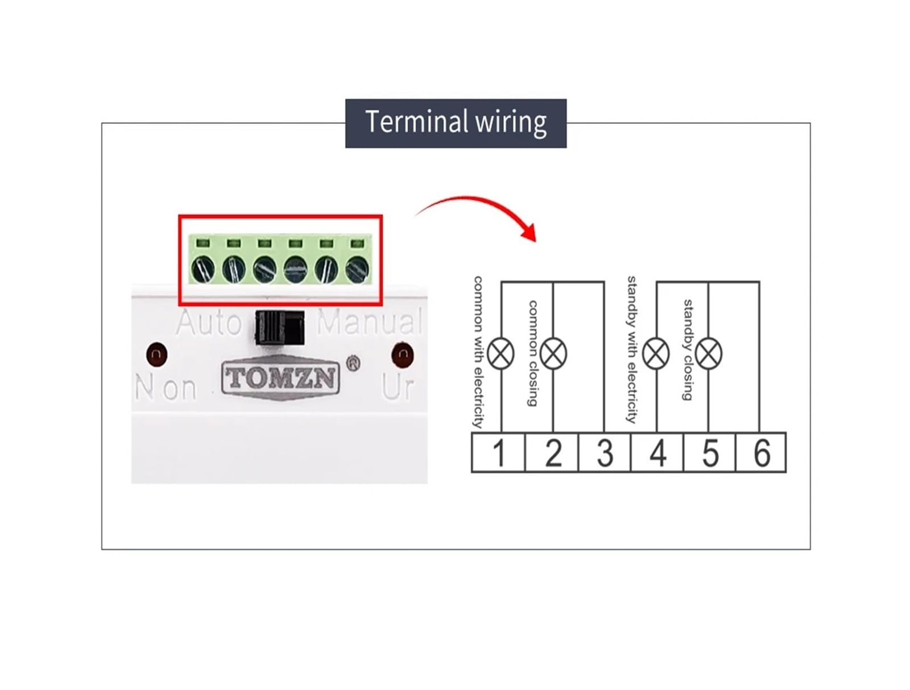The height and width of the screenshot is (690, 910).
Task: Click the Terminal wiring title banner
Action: pos(456,123)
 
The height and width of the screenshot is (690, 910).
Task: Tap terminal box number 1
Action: pos(498,452)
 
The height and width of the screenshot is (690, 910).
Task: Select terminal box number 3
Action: pos(605,452)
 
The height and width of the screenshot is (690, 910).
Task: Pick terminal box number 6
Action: pos(761,452)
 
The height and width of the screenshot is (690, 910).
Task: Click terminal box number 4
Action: pos(657,452)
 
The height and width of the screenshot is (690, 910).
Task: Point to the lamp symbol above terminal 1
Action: pos(501,354)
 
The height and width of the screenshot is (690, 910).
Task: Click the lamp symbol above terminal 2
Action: pos(553,354)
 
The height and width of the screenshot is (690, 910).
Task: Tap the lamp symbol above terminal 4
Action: pos(656,354)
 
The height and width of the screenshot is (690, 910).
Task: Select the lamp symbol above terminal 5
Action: pos(709,354)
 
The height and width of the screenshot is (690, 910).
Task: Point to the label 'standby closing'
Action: pos(688,350)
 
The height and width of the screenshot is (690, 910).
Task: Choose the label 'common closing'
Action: pos(533,353)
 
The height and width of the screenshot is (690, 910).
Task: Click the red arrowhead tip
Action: pos(536,242)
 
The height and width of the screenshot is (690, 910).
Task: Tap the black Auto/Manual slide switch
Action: pos(280,328)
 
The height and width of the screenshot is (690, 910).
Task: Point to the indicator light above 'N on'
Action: pos(157,354)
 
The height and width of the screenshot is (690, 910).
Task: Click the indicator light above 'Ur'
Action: pos(403,355)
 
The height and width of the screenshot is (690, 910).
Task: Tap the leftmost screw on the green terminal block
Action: pos(203,269)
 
